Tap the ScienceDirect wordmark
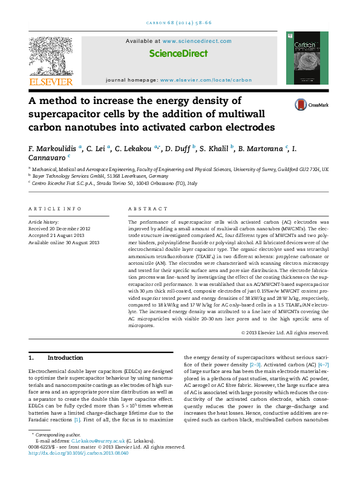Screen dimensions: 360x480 tap(178, 53)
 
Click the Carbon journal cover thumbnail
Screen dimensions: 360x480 tap(307, 58)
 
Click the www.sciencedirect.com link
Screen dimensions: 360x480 tap(197, 41)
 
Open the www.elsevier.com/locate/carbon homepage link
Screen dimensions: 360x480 tap(210, 80)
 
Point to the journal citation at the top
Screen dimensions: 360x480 tap(180, 22)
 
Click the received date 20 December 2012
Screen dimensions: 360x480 tap(59, 229)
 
